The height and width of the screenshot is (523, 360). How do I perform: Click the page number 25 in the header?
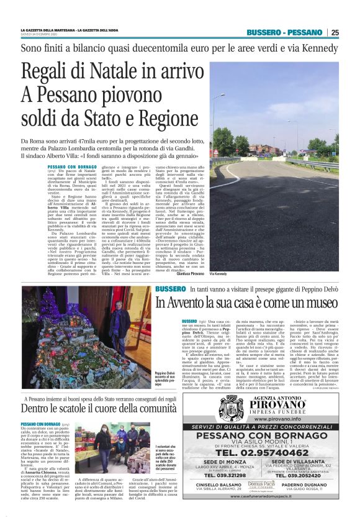(335, 33)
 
